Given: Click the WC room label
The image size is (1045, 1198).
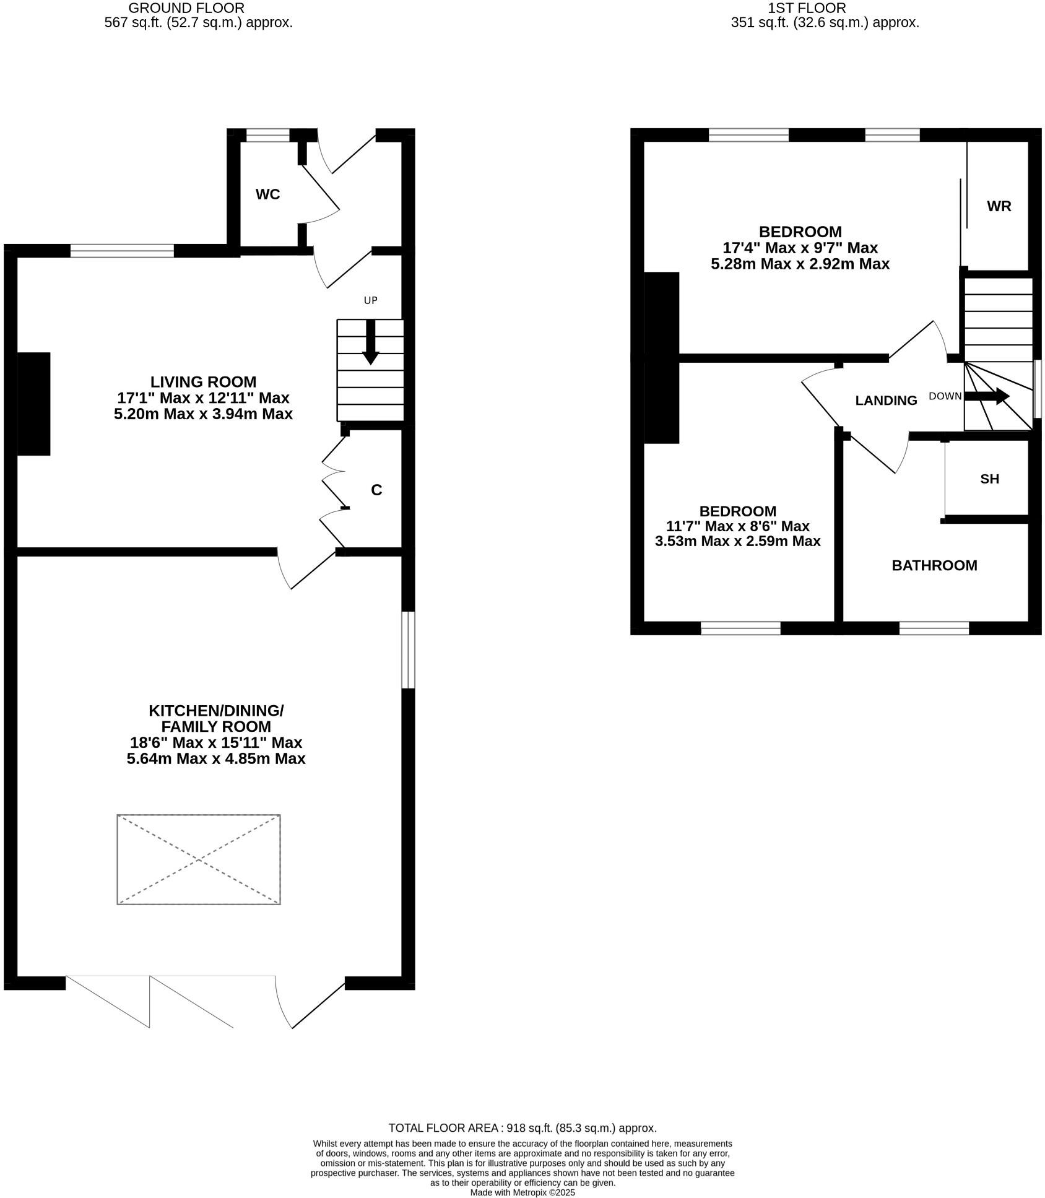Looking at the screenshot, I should (x=267, y=194).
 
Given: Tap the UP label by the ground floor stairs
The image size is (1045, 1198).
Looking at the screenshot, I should (x=370, y=300).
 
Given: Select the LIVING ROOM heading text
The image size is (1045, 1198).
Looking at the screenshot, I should (x=203, y=381).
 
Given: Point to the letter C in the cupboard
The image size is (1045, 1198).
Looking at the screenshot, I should (x=376, y=490).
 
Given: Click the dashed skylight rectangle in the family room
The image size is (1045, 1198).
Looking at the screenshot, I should (x=199, y=859).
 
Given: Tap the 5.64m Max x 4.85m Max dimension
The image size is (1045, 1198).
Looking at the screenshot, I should (x=216, y=758).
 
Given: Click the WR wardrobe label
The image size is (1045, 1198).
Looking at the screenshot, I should (x=999, y=206).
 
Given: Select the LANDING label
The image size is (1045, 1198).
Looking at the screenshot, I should (x=886, y=401).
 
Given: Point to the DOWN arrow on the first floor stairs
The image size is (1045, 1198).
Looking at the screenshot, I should (x=987, y=396).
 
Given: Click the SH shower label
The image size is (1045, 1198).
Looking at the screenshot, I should (x=989, y=479).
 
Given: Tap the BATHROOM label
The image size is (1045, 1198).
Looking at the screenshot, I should (x=934, y=565).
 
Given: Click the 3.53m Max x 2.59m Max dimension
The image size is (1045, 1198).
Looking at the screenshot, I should (x=737, y=541).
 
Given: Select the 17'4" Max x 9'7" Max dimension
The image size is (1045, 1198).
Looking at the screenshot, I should (x=800, y=248).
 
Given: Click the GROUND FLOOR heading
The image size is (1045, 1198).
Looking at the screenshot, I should (x=186, y=8).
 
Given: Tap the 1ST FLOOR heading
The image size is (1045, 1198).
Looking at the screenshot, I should (x=806, y=8).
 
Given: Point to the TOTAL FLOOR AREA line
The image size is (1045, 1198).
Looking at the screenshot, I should (x=522, y=1128).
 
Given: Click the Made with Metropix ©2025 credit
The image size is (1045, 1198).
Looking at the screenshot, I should (x=522, y=1192).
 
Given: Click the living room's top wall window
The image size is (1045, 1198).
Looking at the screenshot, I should (x=122, y=251).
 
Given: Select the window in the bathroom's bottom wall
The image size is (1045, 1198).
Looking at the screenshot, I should (x=934, y=628).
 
